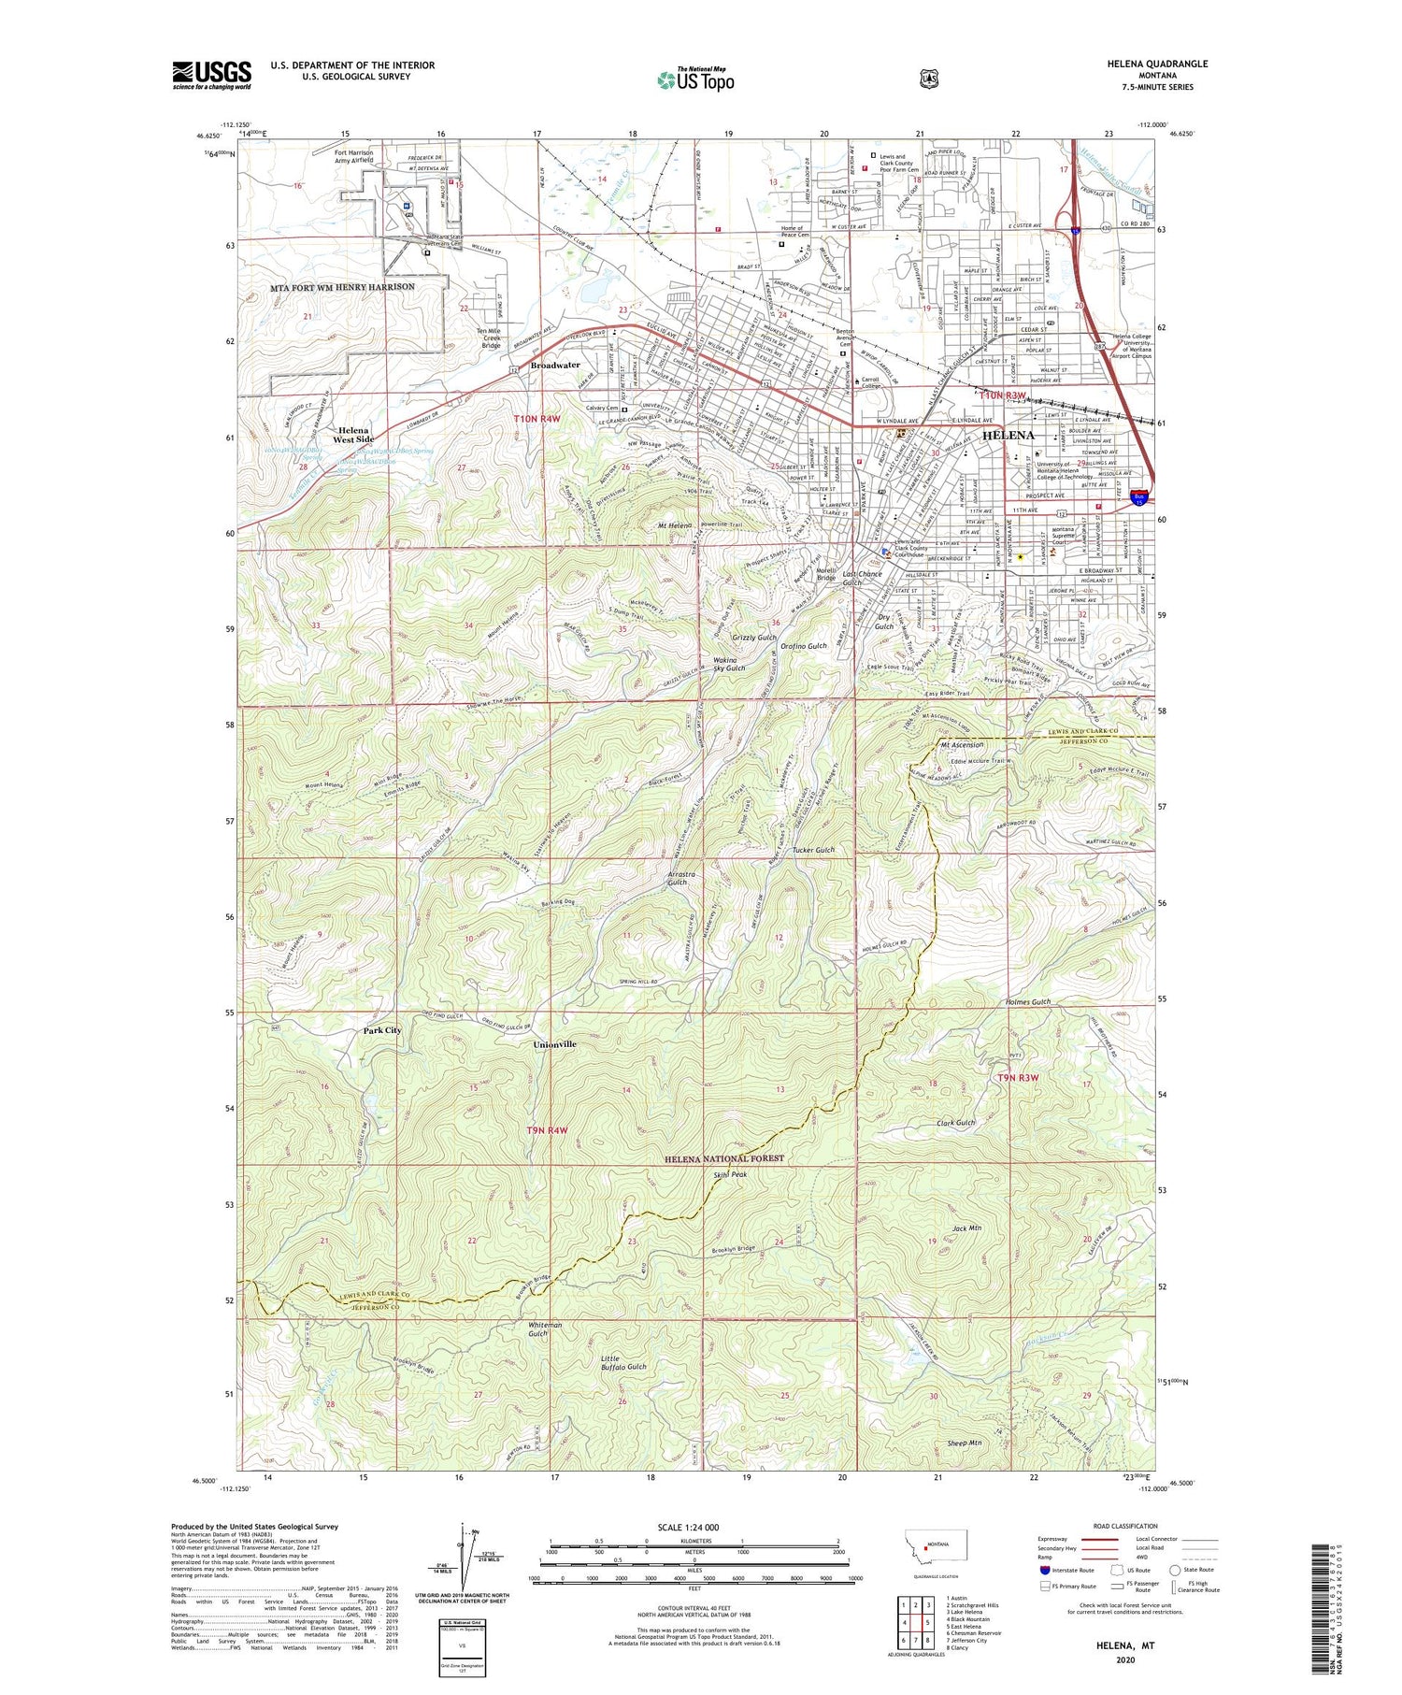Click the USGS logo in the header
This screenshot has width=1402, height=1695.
pos(211,75)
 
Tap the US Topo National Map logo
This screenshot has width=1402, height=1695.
pos(695,79)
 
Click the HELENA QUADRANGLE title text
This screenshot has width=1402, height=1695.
pos(1153,64)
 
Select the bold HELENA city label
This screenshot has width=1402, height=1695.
pos(1009,435)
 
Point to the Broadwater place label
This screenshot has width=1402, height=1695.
pos(555,365)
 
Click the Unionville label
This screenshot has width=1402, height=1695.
pos(555,1043)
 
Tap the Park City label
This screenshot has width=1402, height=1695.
pos(382,1030)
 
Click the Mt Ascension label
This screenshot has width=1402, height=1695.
pos(962,745)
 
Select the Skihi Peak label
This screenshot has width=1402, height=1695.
pos(730,1174)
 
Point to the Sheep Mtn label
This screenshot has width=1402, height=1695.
pos(964,1444)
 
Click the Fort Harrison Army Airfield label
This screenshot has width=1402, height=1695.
pos(354,156)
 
